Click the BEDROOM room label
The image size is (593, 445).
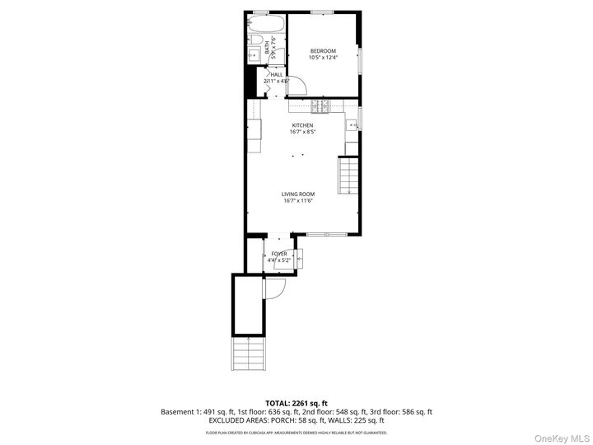(323, 51)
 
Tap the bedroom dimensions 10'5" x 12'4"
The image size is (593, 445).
(323, 58)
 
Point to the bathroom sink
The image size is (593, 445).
(254, 54)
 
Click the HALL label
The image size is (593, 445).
(276, 74)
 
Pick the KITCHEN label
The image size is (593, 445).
(302, 125)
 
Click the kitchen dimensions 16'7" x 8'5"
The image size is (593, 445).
(302, 132)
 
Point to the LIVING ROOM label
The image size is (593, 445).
(298, 194)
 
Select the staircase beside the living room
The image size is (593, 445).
(349, 176)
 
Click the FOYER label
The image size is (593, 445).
(279, 254)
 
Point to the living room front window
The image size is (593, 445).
(327, 235)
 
